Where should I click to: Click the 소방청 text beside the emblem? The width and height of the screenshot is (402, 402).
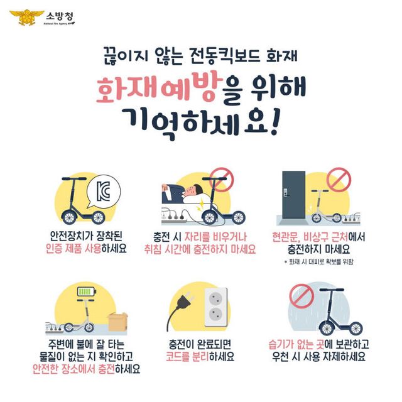(58, 13)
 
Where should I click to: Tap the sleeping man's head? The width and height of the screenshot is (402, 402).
(193, 190)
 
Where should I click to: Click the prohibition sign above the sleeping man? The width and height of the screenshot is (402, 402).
(220, 179)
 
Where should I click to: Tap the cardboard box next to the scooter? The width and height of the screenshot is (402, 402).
(117, 322)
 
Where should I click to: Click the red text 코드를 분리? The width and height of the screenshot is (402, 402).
(188, 357)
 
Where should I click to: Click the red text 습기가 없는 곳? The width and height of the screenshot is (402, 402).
(298, 345)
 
